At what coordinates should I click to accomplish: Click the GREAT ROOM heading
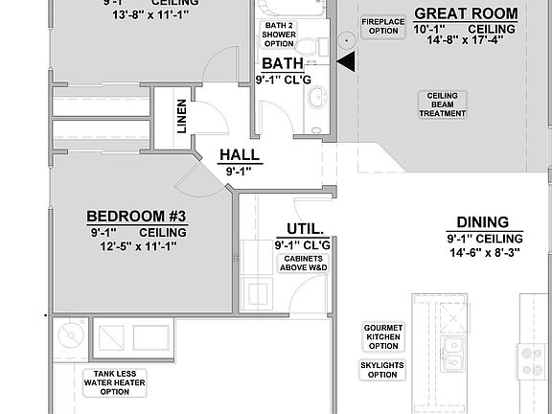[x=466, y=14]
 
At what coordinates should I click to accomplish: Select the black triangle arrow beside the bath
[x=347, y=62]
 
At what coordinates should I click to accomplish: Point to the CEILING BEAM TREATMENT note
[x=442, y=104]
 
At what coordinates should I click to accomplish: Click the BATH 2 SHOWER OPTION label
[x=278, y=34]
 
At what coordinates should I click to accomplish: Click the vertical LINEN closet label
[x=182, y=115]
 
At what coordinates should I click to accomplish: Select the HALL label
[x=238, y=155]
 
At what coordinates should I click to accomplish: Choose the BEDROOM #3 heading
[x=137, y=216]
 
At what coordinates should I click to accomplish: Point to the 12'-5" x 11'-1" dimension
[x=137, y=246]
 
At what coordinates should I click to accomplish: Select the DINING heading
[x=483, y=220]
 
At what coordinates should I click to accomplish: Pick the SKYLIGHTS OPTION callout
[x=381, y=370]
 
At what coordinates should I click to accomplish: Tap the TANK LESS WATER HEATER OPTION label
[x=107, y=382]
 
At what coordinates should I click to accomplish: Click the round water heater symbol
[x=69, y=335]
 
